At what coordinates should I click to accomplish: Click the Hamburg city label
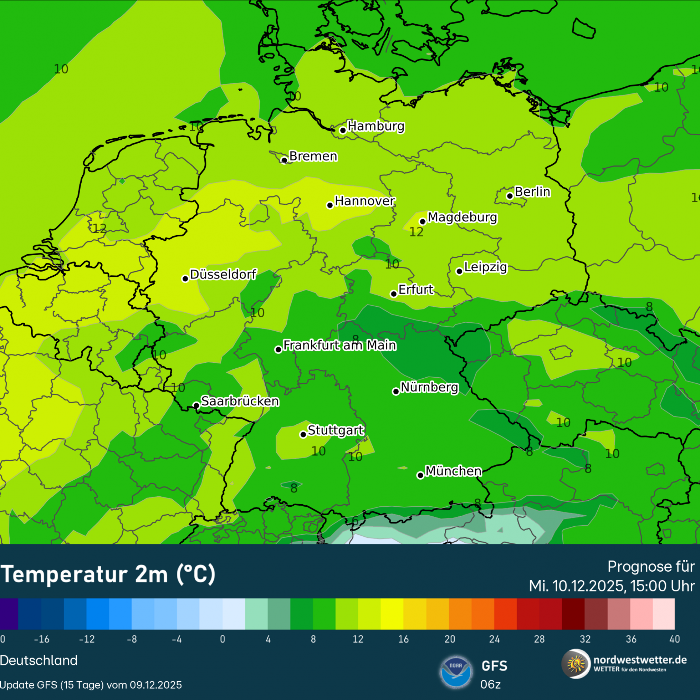coord(376,126)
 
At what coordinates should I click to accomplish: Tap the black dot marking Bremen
coord(284,160)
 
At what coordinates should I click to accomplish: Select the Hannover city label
coord(365,201)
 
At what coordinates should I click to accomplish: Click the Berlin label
coord(532,192)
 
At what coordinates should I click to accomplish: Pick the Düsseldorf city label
coord(223,274)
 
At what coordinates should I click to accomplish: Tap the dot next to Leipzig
coord(459,271)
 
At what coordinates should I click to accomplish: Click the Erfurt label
coord(416,289)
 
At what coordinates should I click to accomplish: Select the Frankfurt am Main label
coord(339,345)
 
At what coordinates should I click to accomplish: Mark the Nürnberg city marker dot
coord(396,391)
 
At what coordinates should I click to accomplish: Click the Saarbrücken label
coord(240,401)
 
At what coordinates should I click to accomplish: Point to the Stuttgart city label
coord(335,430)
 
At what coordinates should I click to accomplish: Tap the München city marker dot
coord(420,475)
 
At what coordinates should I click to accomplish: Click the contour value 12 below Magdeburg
coord(416,232)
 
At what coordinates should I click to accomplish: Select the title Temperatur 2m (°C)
coord(108,574)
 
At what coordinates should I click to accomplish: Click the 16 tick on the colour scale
coord(403,639)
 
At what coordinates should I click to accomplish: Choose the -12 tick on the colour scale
coord(86,639)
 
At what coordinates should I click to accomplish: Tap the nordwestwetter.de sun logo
coord(575,664)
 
